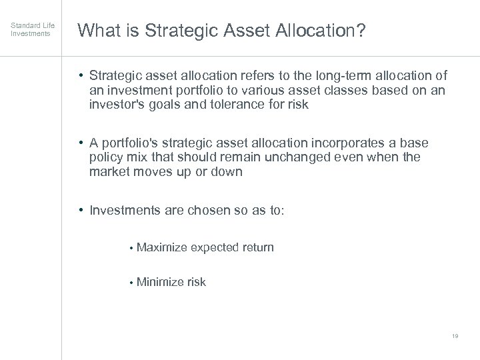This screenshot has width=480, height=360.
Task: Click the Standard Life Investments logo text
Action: coord(33,29)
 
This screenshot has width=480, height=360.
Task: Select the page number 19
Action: coord(455,337)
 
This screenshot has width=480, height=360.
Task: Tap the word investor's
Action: coord(119,105)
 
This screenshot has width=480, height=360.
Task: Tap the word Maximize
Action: coord(161,247)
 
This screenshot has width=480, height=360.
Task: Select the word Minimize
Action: coord(160,282)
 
